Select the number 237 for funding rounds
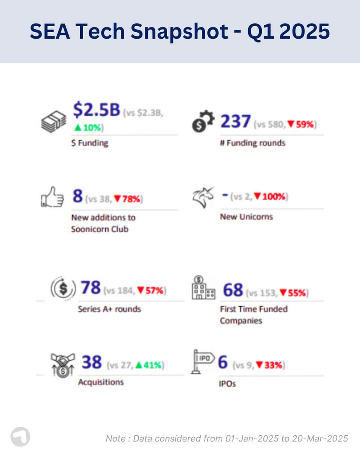(235, 122)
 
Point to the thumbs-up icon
(52, 197)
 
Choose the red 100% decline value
(272, 196)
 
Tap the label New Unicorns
(246, 217)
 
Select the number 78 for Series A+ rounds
(91, 288)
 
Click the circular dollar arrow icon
(63, 289)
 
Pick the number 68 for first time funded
(233, 290)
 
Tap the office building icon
(203, 288)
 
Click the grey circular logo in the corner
(20, 437)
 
